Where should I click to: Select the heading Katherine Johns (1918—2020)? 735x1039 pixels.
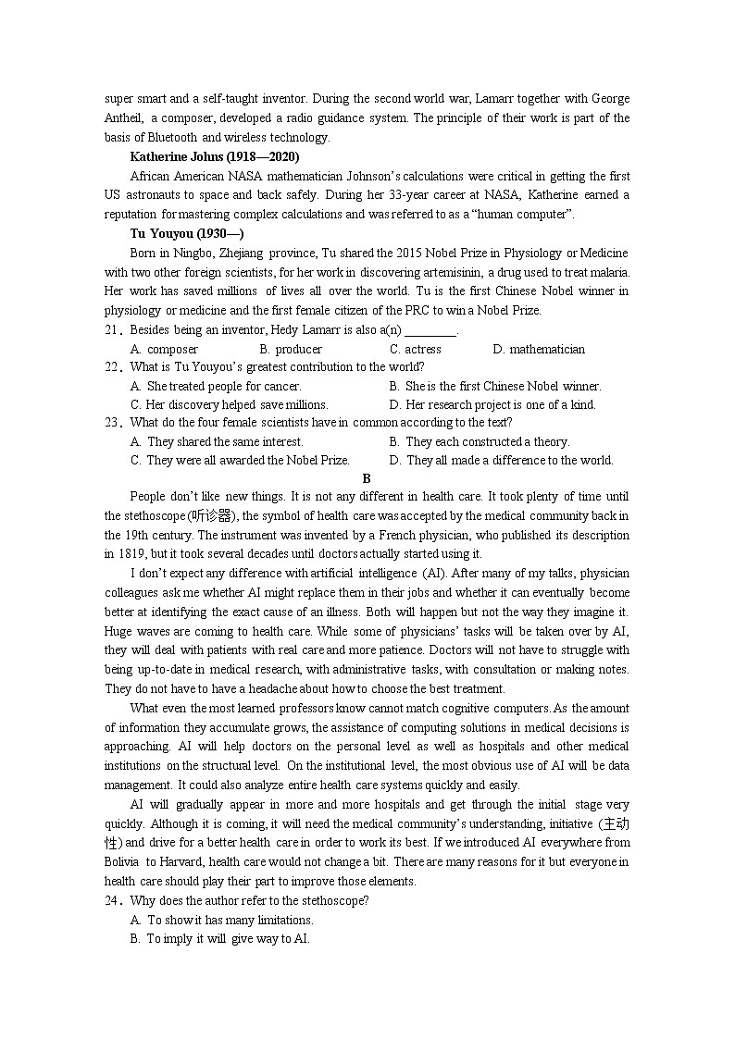click(x=215, y=157)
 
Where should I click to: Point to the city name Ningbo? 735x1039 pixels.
click(x=193, y=253)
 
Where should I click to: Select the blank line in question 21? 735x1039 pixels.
click(x=431, y=330)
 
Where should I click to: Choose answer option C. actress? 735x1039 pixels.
click(x=416, y=349)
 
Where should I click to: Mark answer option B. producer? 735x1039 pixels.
click(x=291, y=349)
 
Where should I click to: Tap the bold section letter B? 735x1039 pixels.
click(x=367, y=478)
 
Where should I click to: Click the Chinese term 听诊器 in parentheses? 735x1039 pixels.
click(x=212, y=516)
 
